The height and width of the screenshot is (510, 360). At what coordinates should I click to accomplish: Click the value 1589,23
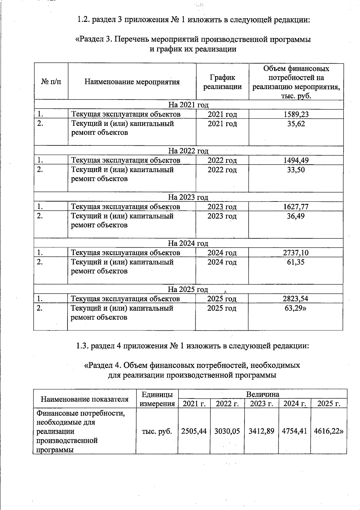tap(296, 114)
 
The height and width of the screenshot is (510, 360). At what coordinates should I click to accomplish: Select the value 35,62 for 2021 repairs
tap(296, 124)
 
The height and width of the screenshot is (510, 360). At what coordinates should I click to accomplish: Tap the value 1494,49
tap(296, 160)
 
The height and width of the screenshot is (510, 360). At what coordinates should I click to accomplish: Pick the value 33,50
tap(296, 170)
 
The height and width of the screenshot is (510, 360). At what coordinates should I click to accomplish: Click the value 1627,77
tap(295, 207)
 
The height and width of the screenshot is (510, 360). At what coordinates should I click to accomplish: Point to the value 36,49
tap(295, 216)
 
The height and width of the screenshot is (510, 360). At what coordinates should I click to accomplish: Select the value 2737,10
tap(295, 253)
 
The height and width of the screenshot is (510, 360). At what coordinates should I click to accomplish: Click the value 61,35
tap(295, 262)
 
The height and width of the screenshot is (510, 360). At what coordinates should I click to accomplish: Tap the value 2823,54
tap(295, 299)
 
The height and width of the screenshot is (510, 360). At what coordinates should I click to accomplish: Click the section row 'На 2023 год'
tap(188, 197)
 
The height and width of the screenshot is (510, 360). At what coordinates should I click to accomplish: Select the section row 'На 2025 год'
tap(188, 290)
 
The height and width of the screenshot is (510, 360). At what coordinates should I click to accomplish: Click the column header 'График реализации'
tap(223, 82)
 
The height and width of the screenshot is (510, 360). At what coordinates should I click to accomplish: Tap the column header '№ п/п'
tap(51, 82)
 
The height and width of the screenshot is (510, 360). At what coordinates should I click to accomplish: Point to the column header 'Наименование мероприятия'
tap(132, 82)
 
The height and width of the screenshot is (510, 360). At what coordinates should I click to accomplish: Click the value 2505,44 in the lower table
tap(194, 431)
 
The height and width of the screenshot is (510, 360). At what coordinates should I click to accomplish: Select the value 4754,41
tap(294, 431)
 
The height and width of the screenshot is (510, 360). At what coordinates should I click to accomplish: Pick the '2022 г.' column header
tap(227, 404)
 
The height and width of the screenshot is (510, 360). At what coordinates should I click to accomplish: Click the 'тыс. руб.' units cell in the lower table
tap(157, 431)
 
